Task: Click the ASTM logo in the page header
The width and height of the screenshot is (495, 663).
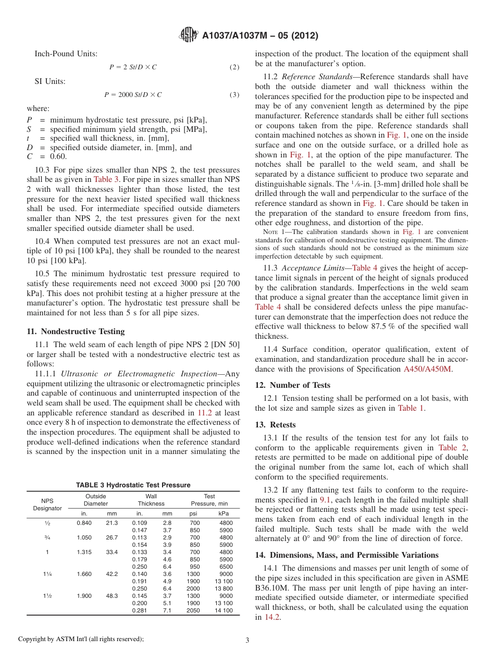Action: point(188,35)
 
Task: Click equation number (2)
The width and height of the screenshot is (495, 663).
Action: point(234,67)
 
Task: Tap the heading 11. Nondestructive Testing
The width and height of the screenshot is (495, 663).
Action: point(76,331)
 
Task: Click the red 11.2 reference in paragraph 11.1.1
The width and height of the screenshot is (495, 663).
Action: point(204,412)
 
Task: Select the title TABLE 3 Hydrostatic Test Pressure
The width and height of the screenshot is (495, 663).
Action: point(133,485)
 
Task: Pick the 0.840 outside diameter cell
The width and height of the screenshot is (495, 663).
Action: point(84,523)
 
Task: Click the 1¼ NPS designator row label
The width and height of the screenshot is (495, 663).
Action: point(47,574)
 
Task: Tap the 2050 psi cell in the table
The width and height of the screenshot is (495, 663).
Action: point(194,610)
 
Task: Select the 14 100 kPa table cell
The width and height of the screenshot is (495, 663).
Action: point(224,610)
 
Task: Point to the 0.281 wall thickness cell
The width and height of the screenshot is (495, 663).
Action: point(139,610)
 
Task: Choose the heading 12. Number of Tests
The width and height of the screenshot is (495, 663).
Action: point(292,385)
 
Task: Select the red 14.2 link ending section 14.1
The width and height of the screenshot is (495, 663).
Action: point(271,617)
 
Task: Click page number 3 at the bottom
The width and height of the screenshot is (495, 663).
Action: point(247,640)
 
